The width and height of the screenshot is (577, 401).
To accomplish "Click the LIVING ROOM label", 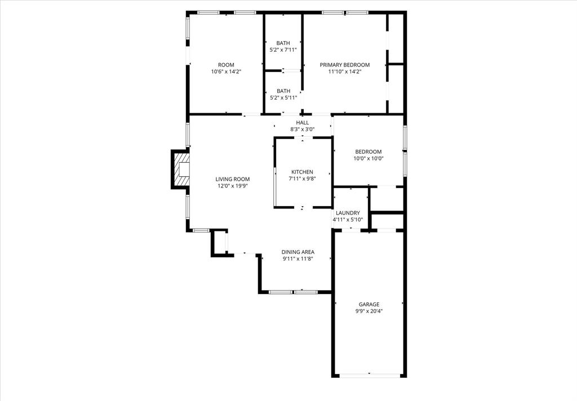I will [232, 179].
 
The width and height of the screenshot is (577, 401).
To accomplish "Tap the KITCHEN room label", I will [302, 172].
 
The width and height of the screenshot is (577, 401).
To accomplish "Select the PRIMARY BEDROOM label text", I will [345, 65].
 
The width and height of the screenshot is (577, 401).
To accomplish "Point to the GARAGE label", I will [369, 304].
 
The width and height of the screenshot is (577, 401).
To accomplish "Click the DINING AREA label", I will [298, 252].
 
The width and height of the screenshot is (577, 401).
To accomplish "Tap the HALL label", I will [303, 122].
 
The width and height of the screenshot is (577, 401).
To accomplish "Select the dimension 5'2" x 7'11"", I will [283, 50].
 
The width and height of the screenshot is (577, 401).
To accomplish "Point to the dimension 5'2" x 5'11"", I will [283, 97].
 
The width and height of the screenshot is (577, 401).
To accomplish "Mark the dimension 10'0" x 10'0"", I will [369, 158].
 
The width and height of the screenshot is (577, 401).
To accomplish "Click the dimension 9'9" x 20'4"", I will [369, 311].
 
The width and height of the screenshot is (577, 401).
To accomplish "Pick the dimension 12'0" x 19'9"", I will [232, 186].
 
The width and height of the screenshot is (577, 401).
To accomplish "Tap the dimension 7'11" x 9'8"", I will [302, 179].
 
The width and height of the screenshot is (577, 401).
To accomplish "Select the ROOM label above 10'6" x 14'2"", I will [226, 65].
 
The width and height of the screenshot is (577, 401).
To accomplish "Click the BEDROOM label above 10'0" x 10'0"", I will [369, 152].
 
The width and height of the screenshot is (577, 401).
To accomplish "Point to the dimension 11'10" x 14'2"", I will [345, 72].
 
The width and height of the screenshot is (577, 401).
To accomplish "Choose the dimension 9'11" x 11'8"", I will [298, 259].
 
